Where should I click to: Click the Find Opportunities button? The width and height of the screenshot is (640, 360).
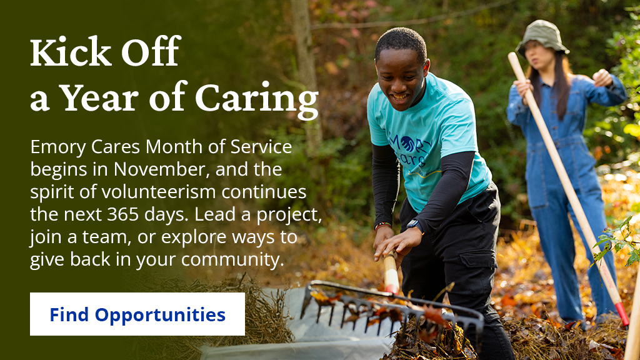tap(137, 314)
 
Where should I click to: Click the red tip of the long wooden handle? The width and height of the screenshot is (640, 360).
tap(622, 313)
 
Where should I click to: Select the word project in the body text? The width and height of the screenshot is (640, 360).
tap(288, 215)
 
